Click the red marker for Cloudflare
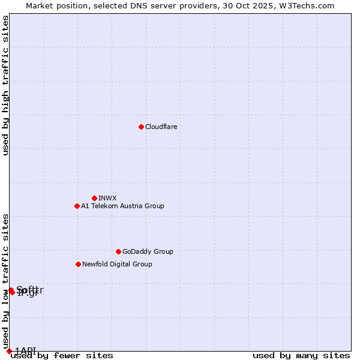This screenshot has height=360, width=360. coord(141,127)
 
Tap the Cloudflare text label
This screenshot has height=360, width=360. coord(161,127)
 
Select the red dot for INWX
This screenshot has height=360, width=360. coord(94,198)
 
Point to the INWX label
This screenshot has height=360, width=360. coord(107,198)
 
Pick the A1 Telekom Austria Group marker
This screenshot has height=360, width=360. coord(77,206)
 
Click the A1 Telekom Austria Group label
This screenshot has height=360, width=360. coord(122,206)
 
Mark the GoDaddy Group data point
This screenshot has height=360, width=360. coord(118,251)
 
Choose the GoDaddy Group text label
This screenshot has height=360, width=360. coord(148,251)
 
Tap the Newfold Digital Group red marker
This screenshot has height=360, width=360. coord(78,264)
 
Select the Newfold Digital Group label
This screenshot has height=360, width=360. coord(117,264)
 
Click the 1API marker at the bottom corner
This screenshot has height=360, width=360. coord(9,351)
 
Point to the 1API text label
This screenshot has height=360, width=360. coord(25,350)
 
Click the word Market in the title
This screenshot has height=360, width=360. coord(40,5)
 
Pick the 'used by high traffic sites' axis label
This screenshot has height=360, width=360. coord(5,85)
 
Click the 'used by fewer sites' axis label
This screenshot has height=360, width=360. coord(62,356)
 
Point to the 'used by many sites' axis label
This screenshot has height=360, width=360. coord(301,356)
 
